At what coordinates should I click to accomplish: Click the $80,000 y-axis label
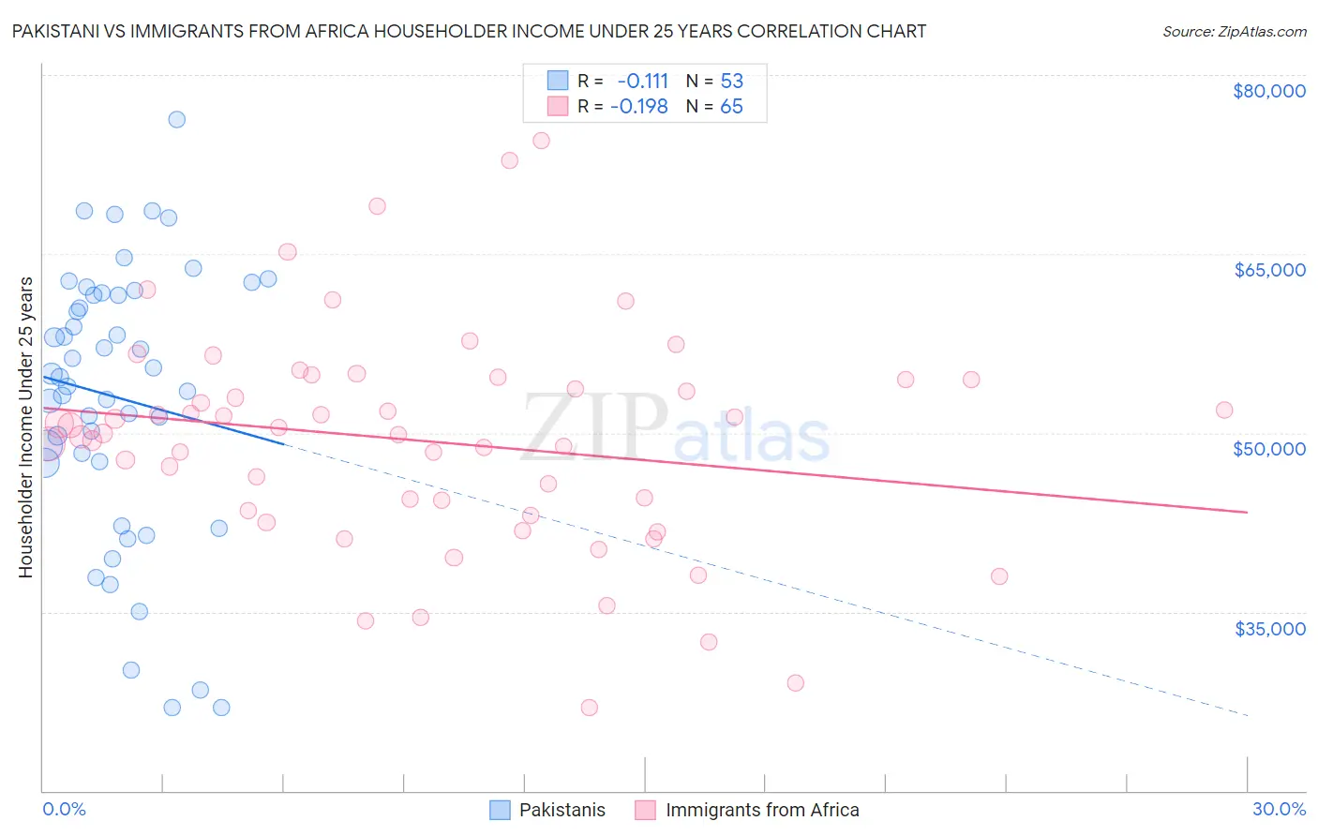pos(1269,91)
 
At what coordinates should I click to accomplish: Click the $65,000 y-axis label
pos(1269,270)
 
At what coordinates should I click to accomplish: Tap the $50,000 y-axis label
pos(1269,449)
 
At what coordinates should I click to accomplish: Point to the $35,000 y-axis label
pos(1269,628)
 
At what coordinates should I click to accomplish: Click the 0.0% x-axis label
pos(64,809)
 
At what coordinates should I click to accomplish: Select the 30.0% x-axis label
pos(1279,809)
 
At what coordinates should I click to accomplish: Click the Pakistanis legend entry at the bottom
pos(562,810)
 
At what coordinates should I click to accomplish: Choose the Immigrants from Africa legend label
pos(761,810)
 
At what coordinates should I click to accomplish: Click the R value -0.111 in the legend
pos(642,81)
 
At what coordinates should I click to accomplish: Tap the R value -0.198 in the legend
pos(638,107)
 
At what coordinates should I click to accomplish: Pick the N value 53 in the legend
pos(731,81)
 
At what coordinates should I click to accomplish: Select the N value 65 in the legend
pos(731,107)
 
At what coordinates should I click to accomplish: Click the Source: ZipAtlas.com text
pos(1234,32)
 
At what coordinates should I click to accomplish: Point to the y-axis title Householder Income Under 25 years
pos(25,426)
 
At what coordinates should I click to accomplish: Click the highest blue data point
pos(176,119)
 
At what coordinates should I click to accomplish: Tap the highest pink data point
pos(541,141)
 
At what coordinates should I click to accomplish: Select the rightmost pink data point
pos(1224,410)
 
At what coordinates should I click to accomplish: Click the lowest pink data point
pos(589,708)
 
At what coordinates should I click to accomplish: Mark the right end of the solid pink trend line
pos(1248,512)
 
